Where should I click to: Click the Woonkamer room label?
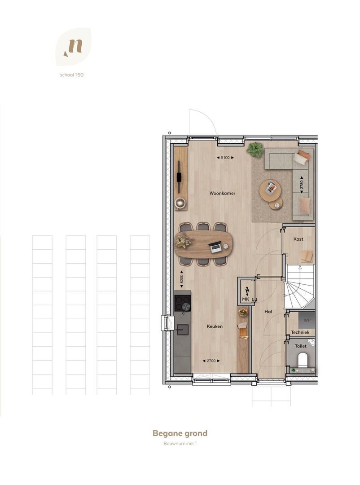tap(222, 193)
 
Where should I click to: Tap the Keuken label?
tap(215, 326)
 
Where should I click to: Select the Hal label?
tap(268, 312)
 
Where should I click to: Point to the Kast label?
tap(298, 239)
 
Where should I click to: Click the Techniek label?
tap(300, 332)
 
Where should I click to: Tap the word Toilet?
tap(301, 346)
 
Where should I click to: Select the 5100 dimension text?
tap(225, 158)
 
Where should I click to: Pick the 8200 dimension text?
tap(181, 279)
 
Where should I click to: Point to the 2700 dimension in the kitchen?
tap(211, 361)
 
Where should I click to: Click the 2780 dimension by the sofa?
tap(302, 185)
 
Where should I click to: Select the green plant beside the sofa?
tap(255, 150)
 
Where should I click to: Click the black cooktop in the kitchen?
tap(183, 303)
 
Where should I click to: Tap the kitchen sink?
tap(182, 330)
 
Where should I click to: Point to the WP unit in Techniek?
tap(307, 320)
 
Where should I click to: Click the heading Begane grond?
tap(180, 434)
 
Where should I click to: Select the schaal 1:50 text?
tap(72, 75)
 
